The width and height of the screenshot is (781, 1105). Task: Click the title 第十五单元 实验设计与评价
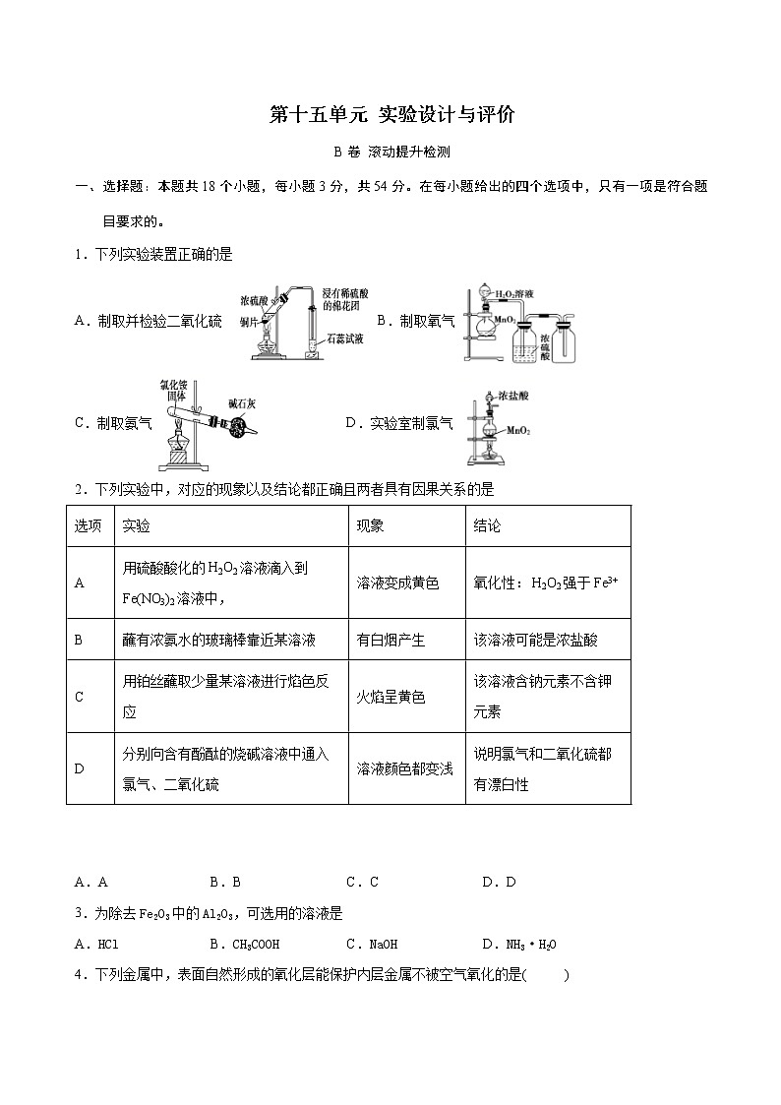391,115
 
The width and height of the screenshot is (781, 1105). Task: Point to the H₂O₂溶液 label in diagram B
515,293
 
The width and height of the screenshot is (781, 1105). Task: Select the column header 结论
487,526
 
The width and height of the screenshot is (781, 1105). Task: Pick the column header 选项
89,526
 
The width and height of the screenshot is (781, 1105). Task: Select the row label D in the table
80,768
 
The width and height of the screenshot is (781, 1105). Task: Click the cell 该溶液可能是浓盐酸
535,640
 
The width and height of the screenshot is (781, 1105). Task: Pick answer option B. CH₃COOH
240,945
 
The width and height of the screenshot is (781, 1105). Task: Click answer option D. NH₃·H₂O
518,945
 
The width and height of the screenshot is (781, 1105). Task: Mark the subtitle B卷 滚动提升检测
391,152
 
